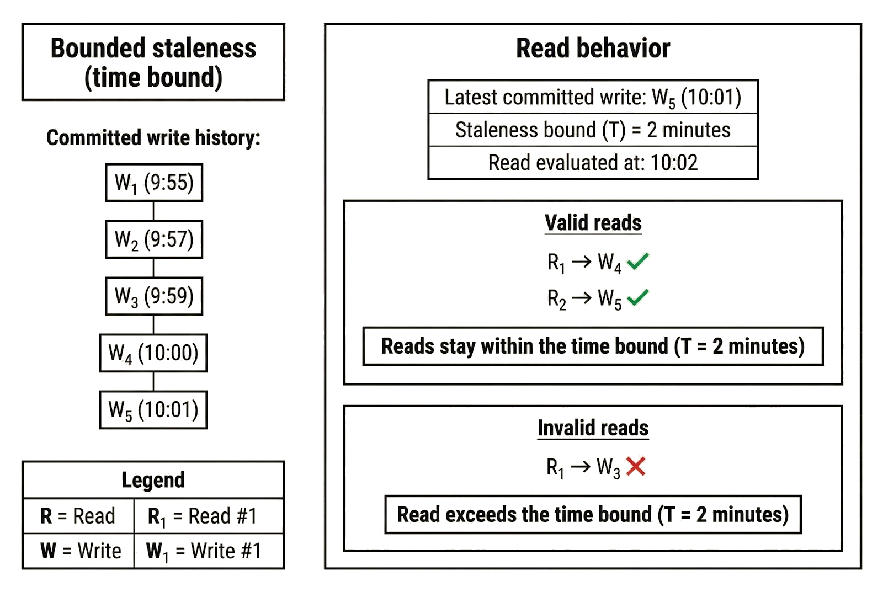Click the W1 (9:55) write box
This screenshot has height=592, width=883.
coord(154,183)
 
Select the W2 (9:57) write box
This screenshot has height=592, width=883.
coord(154,239)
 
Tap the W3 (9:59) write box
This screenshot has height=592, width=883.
coord(154,296)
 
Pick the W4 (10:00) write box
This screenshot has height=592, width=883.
coord(153,353)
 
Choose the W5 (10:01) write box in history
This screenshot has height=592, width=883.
coord(153,410)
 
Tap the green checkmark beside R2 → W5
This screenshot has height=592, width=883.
coord(638,297)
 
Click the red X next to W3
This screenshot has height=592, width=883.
coord(636,467)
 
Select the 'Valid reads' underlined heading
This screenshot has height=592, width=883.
coord(593,223)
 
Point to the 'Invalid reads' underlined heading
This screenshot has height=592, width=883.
coord(593,428)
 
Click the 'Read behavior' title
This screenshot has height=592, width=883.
coord(593,49)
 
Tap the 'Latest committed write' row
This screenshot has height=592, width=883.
coord(593,98)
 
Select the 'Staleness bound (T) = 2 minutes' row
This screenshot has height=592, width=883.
coord(593,130)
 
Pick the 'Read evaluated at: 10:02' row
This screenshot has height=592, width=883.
coord(593,163)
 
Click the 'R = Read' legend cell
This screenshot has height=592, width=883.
coord(78,516)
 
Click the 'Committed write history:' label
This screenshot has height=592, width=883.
coord(153,138)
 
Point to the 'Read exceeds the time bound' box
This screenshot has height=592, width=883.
coord(593,515)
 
